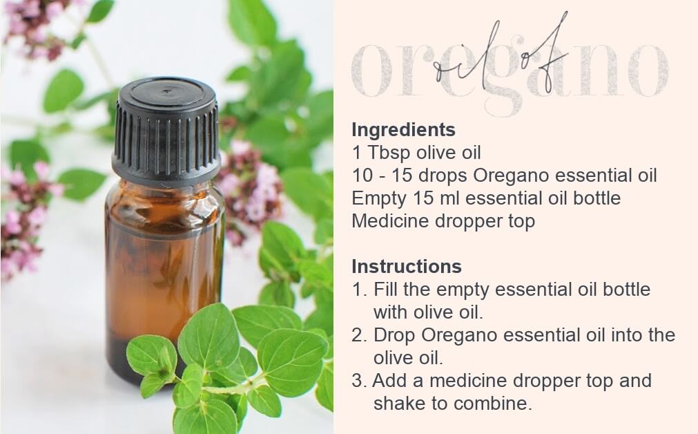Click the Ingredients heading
[403, 130]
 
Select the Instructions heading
[407, 267]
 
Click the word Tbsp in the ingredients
[388, 153]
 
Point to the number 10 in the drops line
[362, 175]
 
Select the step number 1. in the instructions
[360, 290]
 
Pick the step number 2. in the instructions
[359, 335]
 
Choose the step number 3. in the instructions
[359, 381]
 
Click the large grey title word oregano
[510, 71]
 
